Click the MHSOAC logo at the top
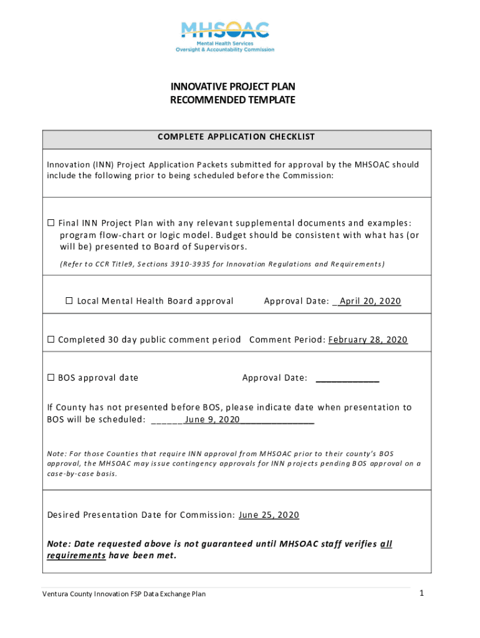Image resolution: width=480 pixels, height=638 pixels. (x=225, y=37)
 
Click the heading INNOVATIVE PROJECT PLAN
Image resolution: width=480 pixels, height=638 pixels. (x=233, y=87)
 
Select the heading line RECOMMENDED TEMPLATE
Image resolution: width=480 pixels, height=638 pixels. (x=233, y=100)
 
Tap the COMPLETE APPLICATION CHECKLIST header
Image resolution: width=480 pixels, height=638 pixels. (x=236, y=137)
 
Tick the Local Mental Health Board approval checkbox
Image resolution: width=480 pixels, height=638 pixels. (x=69, y=301)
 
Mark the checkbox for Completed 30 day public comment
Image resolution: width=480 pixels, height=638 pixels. (x=51, y=340)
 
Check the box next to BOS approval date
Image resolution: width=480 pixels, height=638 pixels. (x=51, y=378)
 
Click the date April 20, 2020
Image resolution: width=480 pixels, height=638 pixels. (x=370, y=301)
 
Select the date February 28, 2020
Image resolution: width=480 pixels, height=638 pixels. (x=368, y=340)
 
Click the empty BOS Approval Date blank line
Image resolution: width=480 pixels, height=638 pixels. (x=347, y=378)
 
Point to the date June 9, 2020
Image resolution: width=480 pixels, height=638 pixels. (x=212, y=419)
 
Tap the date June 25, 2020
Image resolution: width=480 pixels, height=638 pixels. (x=269, y=515)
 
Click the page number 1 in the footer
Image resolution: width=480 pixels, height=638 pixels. (x=421, y=593)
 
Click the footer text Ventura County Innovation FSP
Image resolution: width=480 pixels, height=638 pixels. (x=123, y=594)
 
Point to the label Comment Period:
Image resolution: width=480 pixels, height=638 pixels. (x=287, y=340)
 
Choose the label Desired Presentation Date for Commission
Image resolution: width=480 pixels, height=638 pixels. (x=141, y=515)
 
